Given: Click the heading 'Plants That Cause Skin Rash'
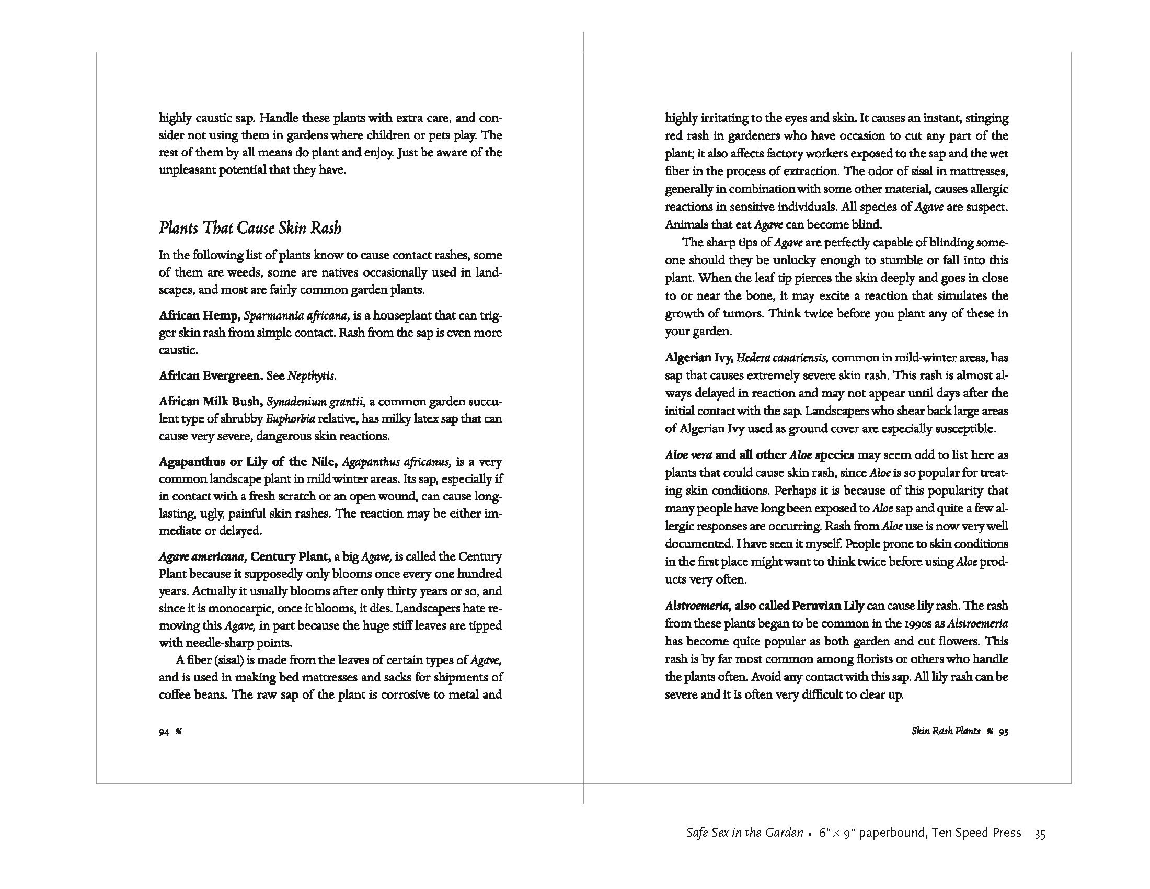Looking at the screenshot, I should (x=250, y=228).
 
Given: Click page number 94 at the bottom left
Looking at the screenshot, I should (x=164, y=732).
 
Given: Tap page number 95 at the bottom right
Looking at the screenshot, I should (x=1004, y=732).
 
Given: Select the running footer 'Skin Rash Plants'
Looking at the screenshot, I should (x=946, y=731).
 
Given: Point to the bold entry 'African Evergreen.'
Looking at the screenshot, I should (x=211, y=375).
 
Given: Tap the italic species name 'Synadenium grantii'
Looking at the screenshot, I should (x=315, y=402).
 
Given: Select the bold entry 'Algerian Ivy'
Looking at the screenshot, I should (x=699, y=358).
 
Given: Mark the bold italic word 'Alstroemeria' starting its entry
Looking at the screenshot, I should (x=697, y=606).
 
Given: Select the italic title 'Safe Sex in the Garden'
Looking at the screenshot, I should (x=744, y=833).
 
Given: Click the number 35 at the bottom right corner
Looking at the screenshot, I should (x=1040, y=834).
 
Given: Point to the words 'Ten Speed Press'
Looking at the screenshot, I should (x=977, y=833).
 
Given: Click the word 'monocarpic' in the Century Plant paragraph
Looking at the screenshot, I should (x=241, y=608).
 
